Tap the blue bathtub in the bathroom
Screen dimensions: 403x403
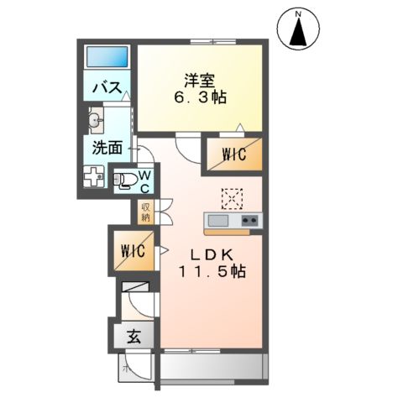pyautogui.click(x=107, y=57)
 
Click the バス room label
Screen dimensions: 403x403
pyautogui.click(x=108, y=87)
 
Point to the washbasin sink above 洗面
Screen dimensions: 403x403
pyautogui.click(x=95, y=121)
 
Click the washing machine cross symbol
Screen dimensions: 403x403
pyautogui.click(x=93, y=177)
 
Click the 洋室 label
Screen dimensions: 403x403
pyautogui.click(x=201, y=81)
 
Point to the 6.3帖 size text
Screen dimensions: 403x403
pyautogui.click(x=201, y=97)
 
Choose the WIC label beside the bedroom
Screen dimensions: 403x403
pyautogui.click(x=233, y=154)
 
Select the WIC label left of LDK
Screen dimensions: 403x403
pyautogui.click(x=134, y=250)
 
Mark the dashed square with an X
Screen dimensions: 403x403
pyautogui.click(x=231, y=198)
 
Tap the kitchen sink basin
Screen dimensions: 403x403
pyautogui.click(x=217, y=221)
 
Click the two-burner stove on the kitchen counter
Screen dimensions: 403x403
pyautogui.click(x=249, y=221)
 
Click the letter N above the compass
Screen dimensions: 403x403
pyautogui.click(x=298, y=12)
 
